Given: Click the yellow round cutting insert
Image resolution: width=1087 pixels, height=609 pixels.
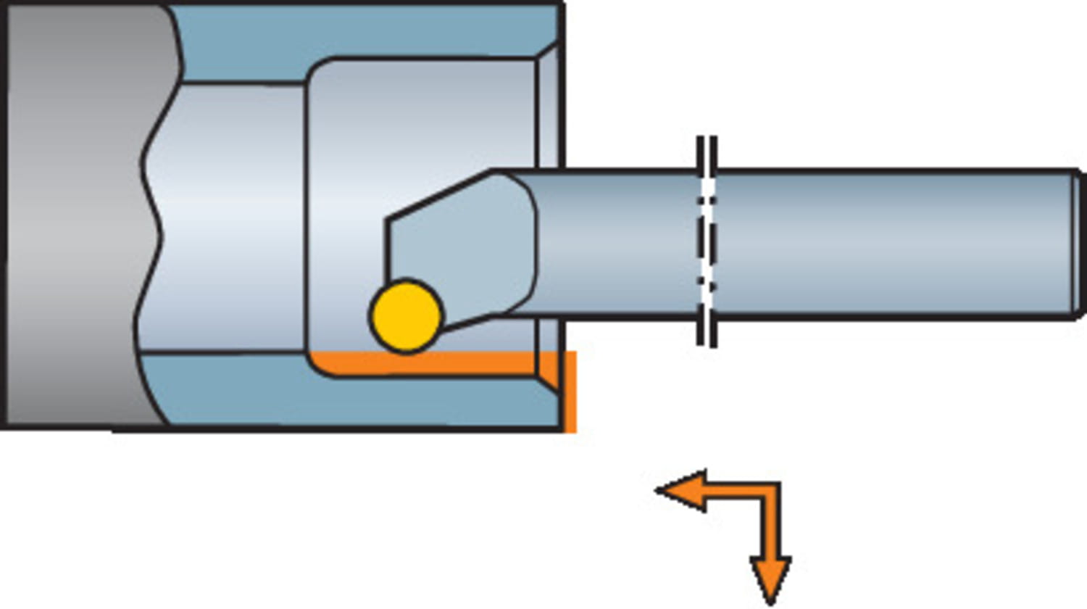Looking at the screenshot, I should coord(406,316).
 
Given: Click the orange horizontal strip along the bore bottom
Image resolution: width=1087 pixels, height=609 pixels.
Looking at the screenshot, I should coord(435,362).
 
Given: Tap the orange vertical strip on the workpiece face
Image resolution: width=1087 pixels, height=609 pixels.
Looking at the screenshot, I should coord(570,391).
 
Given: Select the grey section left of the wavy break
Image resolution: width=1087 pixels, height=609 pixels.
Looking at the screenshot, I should coord(72,217).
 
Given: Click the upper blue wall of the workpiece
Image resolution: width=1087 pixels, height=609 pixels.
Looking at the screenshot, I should coord(362,33).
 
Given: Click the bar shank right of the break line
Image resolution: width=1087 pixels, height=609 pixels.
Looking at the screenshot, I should coord(891,244).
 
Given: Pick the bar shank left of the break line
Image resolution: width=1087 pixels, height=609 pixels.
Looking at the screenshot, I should coord(616,244).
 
